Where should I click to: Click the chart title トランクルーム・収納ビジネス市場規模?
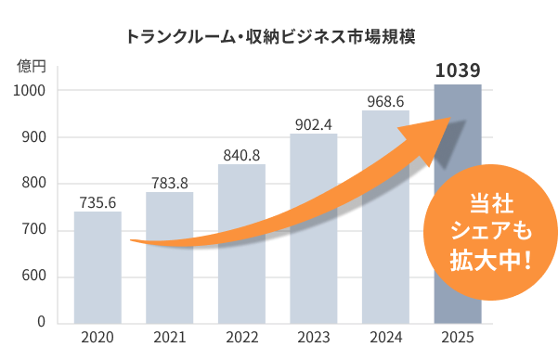pos(270,38)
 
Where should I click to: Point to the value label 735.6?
pos(97,202)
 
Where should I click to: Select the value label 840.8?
pos(241,155)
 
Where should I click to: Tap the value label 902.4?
pos(313,124)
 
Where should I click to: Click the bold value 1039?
pos(457,71)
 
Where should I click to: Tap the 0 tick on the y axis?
pos(42,322)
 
